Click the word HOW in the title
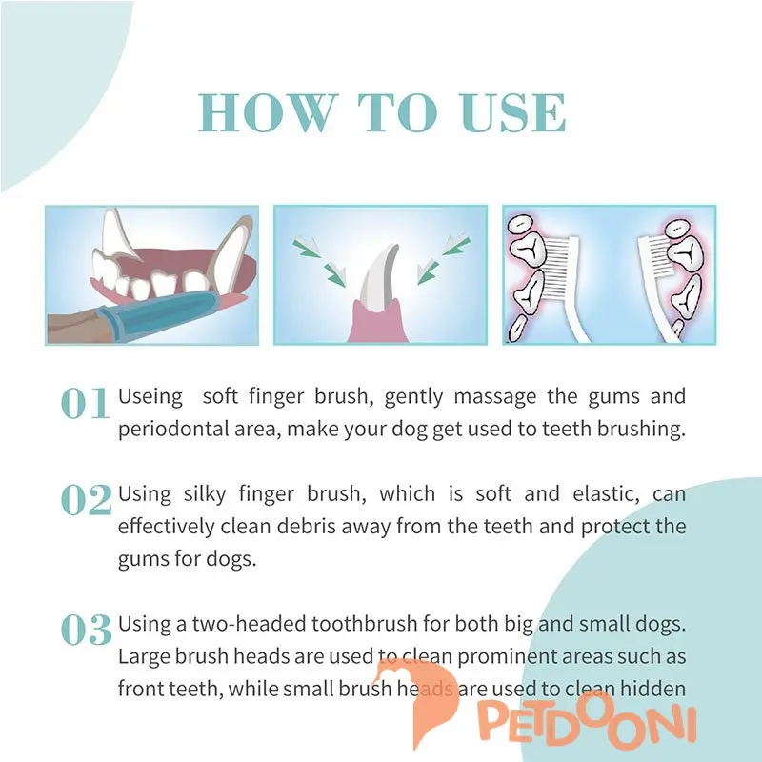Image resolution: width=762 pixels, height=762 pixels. [269, 112]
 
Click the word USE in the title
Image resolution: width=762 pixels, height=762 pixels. [513, 112]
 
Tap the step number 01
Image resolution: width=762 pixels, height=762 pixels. [85, 403]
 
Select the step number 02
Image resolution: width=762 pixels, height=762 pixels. [87, 500]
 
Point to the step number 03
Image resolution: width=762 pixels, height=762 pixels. [87, 630]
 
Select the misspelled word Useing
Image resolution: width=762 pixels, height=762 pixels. [150, 397]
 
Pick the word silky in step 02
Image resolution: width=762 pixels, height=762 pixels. [205, 494]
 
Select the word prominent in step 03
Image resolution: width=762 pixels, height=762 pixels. [507, 657]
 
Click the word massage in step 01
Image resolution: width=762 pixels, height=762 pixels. [495, 397]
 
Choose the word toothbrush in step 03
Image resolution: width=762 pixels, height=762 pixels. [365, 624]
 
